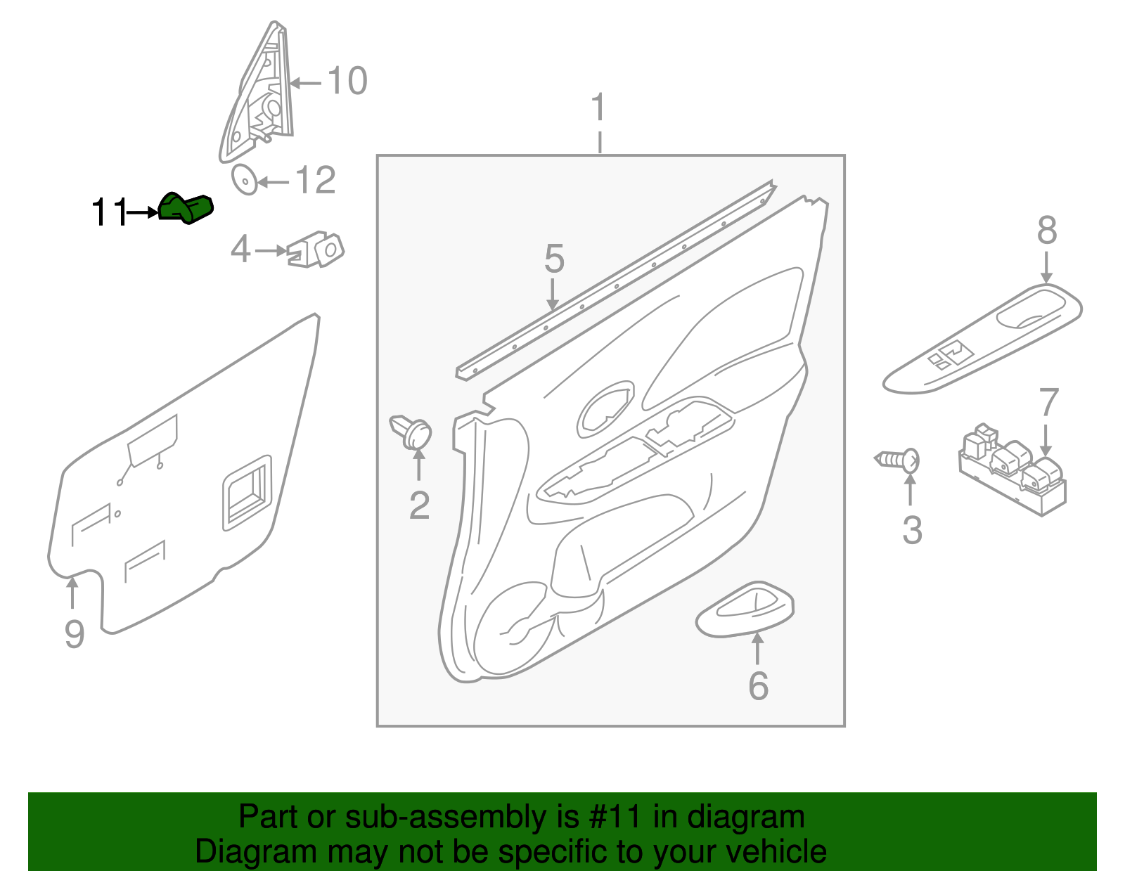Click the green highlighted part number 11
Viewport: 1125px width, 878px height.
(x=186, y=208)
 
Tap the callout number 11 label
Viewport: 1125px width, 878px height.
(x=110, y=212)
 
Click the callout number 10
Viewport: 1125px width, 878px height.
(x=347, y=81)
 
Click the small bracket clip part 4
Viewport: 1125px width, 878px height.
(x=316, y=250)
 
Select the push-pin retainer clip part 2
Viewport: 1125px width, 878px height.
(x=412, y=431)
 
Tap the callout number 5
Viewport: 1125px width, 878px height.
(x=554, y=259)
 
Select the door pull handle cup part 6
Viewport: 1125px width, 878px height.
(x=745, y=609)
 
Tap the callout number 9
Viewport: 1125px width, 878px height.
(x=74, y=634)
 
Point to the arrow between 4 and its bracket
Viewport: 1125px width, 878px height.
(x=270, y=250)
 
